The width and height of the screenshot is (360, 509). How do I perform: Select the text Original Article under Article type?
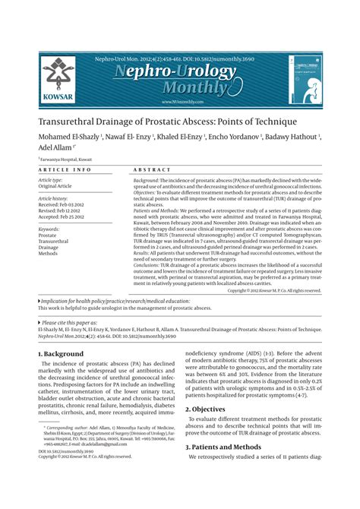55,185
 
